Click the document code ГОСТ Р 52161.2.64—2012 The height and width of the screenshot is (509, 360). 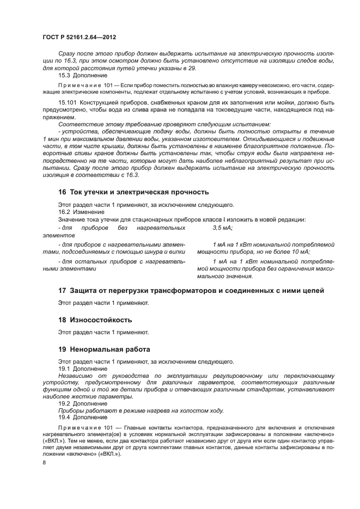click(x=79, y=36)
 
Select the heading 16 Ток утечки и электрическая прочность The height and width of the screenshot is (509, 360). click(x=133, y=192)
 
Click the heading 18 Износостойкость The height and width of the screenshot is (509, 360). click(x=95, y=320)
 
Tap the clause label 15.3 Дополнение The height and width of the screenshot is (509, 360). click(x=83, y=75)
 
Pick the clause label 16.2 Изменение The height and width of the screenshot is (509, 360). click(x=81, y=212)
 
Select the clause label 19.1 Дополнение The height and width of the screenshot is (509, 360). click(x=83, y=369)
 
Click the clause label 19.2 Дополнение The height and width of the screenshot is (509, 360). click(x=83, y=403)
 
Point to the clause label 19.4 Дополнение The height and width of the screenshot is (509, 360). click(x=83, y=417)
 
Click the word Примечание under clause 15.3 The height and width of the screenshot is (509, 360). click(x=77, y=85)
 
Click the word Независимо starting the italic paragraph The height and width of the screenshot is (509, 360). click(x=77, y=376)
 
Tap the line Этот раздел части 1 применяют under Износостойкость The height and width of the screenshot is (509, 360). click(x=103, y=332)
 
